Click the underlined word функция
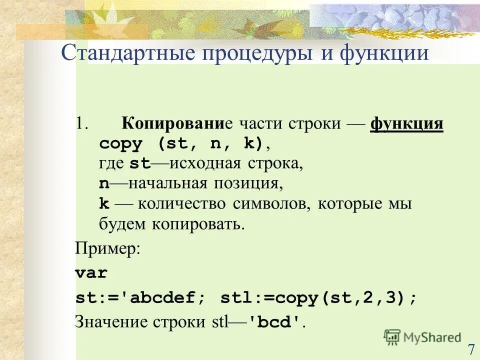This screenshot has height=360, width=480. pyautogui.click(x=406, y=123)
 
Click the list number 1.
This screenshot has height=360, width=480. pyautogui.click(x=82, y=123)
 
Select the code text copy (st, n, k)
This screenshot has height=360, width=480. pyautogui.click(x=181, y=143)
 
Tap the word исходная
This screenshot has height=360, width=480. pyautogui.click(x=211, y=163)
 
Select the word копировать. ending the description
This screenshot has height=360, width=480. pyautogui.click(x=203, y=223)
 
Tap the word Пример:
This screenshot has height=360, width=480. pyautogui.click(x=107, y=248)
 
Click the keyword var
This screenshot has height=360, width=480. pyautogui.click(x=91, y=273)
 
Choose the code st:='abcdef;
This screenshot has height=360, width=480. pyautogui.click(x=140, y=298)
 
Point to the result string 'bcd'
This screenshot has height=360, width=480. pyautogui.click(x=276, y=322)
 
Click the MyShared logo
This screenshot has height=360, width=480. pyautogui.click(x=422, y=337)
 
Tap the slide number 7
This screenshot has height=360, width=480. pyautogui.click(x=471, y=349)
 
